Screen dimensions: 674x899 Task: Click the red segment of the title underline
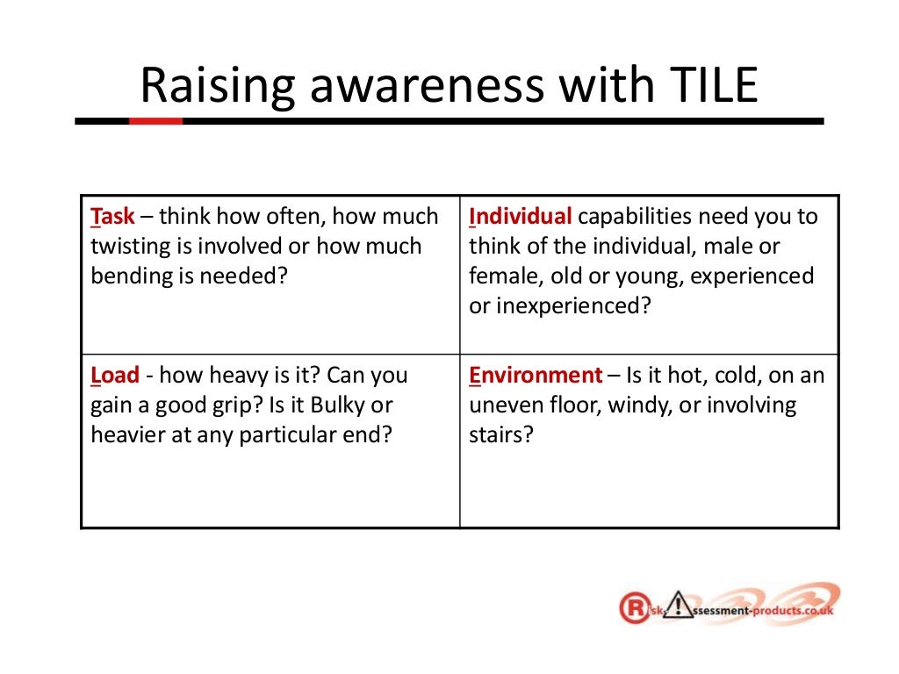coord(155,121)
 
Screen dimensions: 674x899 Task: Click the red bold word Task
coord(113,216)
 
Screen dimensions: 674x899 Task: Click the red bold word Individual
coord(521,216)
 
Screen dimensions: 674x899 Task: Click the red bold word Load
coord(115,376)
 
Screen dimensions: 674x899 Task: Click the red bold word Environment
coord(536,376)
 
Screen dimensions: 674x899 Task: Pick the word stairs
coord(500,435)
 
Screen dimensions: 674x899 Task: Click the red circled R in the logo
coord(632,607)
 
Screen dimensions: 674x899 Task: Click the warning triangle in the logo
coord(679,606)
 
